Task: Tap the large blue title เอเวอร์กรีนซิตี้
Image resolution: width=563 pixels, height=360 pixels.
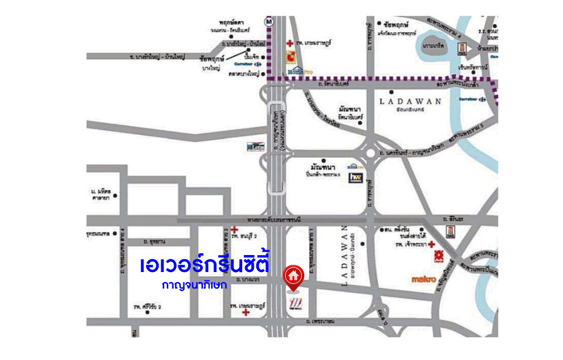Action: (205, 264)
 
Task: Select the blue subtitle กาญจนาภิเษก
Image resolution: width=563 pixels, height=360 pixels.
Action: (195, 286)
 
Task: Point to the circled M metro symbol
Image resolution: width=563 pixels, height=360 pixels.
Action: (269, 21)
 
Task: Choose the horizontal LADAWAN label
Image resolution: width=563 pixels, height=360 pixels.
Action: (410, 101)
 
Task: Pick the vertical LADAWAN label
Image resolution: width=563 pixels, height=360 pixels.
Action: (344, 256)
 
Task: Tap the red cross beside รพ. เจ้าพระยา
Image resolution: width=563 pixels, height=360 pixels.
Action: (432, 244)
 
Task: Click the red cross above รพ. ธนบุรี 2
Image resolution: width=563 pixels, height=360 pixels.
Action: (235, 229)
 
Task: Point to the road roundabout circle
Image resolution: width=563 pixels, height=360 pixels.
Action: (371, 154)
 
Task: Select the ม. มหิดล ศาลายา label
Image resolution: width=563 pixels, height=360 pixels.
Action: (101, 195)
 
